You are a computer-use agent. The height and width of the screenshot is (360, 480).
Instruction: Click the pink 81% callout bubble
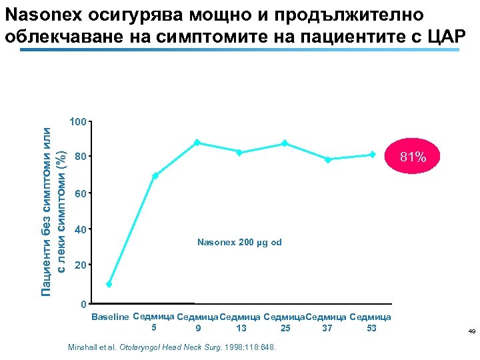pos(413,157)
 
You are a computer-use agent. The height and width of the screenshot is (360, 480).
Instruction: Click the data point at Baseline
pos(109,284)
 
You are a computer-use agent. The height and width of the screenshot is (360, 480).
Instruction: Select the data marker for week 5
pos(155,176)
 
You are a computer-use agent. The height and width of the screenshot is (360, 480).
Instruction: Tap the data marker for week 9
pos(197,143)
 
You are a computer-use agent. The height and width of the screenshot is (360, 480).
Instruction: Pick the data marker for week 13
pos(239,153)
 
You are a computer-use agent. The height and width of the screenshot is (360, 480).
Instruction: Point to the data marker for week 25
pos(285,143)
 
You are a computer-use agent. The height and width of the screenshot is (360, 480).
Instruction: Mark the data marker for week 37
pos(328,159)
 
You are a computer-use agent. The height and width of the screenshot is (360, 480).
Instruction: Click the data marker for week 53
pos(372,155)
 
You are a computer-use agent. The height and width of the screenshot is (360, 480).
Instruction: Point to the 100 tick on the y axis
pos(77,122)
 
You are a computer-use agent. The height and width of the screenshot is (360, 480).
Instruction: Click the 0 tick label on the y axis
pos(83,305)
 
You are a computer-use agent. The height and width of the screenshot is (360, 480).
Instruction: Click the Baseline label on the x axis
pos(109,317)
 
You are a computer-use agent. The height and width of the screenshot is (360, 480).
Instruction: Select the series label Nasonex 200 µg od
pos(239,242)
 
